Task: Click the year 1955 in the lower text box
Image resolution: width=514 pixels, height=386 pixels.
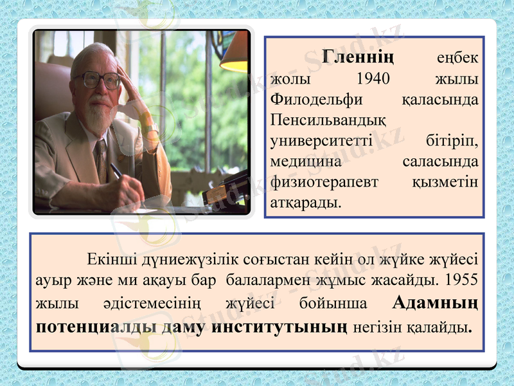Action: click(461, 281)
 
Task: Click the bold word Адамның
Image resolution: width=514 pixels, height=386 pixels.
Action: click(435, 302)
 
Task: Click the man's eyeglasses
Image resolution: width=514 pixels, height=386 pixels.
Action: click(98, 79)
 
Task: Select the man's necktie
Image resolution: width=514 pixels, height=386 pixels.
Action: click(101, 158)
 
